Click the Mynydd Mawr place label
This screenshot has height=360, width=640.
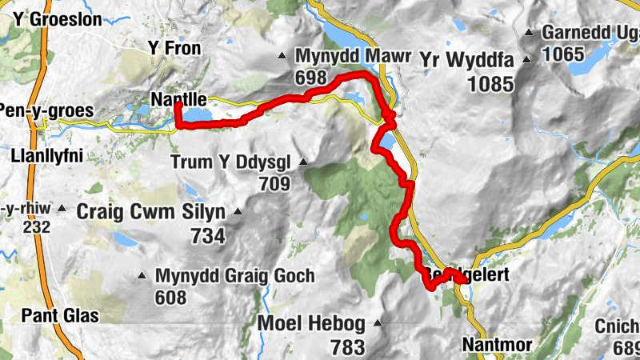click(x=352, y=58)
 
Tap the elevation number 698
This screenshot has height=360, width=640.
click(x=311, y=78)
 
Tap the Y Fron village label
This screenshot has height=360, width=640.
click(x=174, y=49)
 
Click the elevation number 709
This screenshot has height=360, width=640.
click(x=274, y=183)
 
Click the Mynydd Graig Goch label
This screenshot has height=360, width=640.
click(x=234, y=276)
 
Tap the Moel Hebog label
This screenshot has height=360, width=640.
click(x=311, y=324)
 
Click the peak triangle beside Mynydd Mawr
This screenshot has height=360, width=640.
click(x=282, y=56)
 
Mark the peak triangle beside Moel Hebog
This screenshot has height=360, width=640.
click(x=378, y=323)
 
